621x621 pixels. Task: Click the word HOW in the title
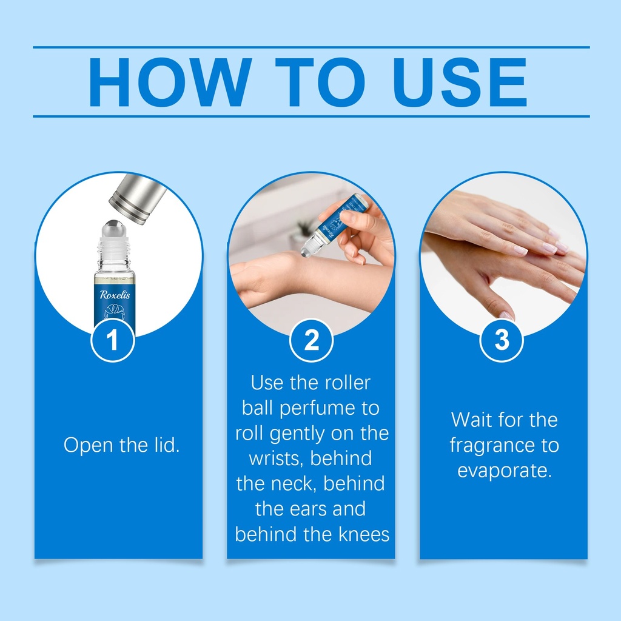coord(170,82)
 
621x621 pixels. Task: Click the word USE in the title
coord(460,82)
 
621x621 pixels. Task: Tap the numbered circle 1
coord(113,340)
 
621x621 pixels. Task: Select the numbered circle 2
coord(311,340)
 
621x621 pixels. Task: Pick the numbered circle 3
coord(502,340)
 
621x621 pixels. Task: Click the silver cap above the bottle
coord(138,199)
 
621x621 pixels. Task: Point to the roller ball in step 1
coord(113,229)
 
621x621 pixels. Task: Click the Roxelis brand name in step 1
coord(115,295)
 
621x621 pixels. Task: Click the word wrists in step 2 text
coord(277,458)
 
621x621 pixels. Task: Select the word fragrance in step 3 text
coord(492,446)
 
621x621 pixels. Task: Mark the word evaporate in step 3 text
coord(504,471)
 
